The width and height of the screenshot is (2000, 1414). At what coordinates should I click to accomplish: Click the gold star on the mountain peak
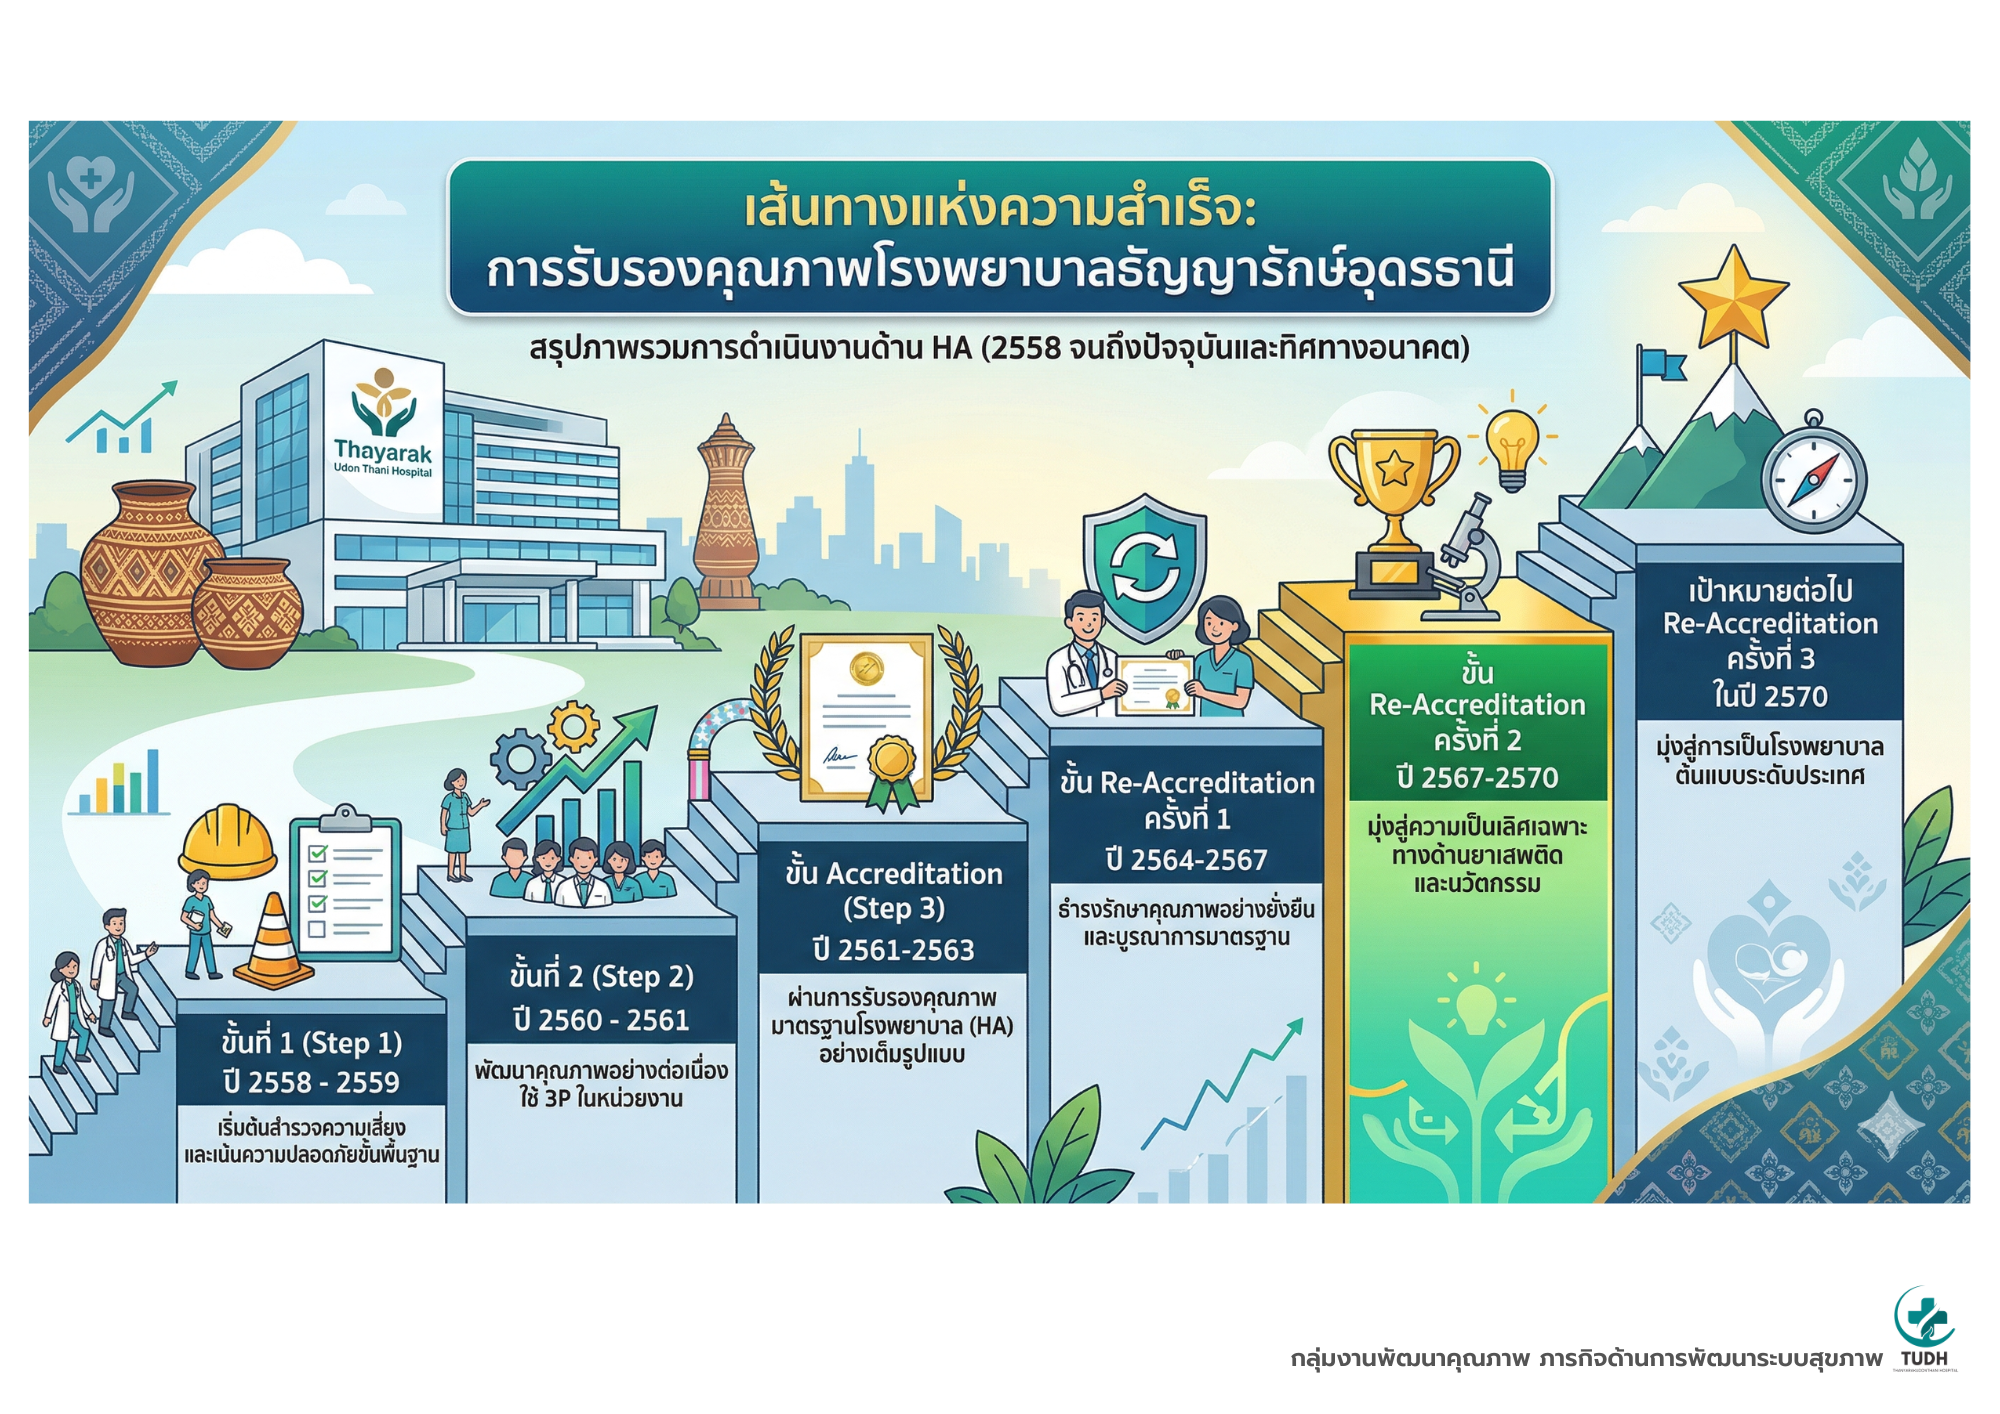pyautogui.click(x=1733, y=297)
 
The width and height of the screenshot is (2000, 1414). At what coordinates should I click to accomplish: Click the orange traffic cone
pyautogui.click(x=273, y=940)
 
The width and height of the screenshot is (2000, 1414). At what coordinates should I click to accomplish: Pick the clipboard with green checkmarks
pyautogui.click(x=345, y=885)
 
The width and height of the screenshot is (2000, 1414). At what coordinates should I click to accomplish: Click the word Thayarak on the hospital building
pyautogui.click(x=383, y=451)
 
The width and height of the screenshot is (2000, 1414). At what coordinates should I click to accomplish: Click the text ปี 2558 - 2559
pyautogui.click(x=311, y=1082)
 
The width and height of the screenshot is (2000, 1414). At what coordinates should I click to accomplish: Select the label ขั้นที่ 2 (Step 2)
pyautogui.click(x=601, y=976)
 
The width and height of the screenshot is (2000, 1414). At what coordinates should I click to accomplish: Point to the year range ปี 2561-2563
pyautogui.click(x=893, y=949)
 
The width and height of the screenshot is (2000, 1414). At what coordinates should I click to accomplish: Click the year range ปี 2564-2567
pyautogui.click(x=1186, y=859)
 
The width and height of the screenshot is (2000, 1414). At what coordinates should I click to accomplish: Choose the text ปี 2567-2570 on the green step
pyautogui.click(x=1477, y=777)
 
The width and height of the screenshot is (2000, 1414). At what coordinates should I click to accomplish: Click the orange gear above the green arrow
pyautogui.click(x=574, y=726)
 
